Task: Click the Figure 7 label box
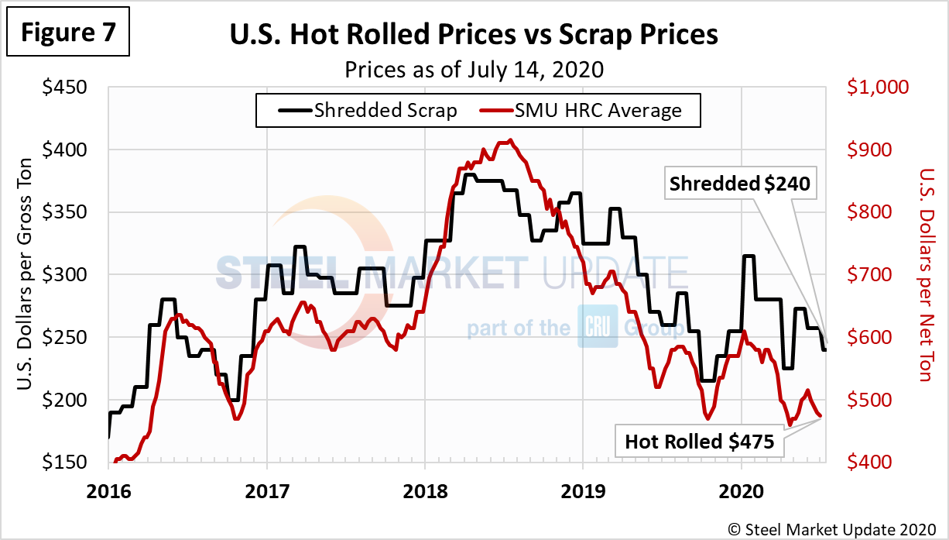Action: (67, 33)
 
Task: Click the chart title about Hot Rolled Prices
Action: (473, 35)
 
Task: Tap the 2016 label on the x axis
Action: (108, 490)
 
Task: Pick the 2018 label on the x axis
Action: (424, 490)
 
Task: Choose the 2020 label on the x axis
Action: (741, 490)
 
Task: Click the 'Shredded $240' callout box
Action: (739, 184)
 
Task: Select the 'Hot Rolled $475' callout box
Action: (699, 442)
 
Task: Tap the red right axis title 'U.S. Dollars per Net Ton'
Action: (924, 275)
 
